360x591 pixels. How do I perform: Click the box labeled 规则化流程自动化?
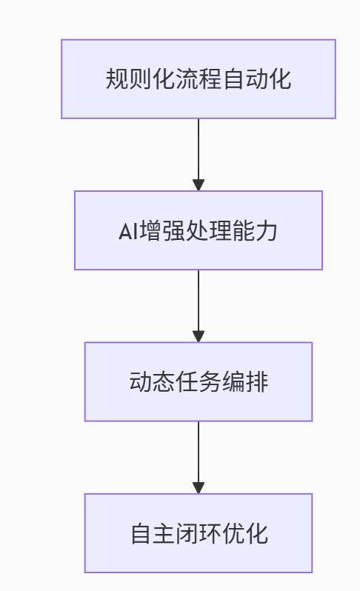(199, 79)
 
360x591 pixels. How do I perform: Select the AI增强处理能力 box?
(199, 230)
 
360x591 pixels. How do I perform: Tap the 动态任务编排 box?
(199, 381)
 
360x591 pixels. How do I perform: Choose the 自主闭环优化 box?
(199, 533)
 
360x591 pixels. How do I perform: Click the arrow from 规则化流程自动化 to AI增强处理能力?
(199, 155)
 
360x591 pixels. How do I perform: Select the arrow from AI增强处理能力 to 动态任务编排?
(199, 306)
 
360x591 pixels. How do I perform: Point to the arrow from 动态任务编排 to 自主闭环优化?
(199, 457)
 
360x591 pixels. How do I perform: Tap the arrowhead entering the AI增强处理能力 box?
(199, 185)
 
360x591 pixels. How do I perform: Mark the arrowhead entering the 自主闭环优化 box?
(199, 488)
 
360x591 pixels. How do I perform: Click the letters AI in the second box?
(128, 231)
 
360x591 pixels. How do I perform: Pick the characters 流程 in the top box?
(199, 79)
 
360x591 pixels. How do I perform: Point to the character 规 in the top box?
(117, 79)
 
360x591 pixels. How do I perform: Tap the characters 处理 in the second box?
(208, 230)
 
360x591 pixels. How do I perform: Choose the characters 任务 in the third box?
(199, 382)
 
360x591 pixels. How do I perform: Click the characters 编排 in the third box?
(245, 382)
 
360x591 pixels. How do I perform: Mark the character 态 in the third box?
(164, 382)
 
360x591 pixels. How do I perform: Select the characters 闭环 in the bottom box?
(199, 533)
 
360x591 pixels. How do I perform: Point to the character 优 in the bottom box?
(233, 533)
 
